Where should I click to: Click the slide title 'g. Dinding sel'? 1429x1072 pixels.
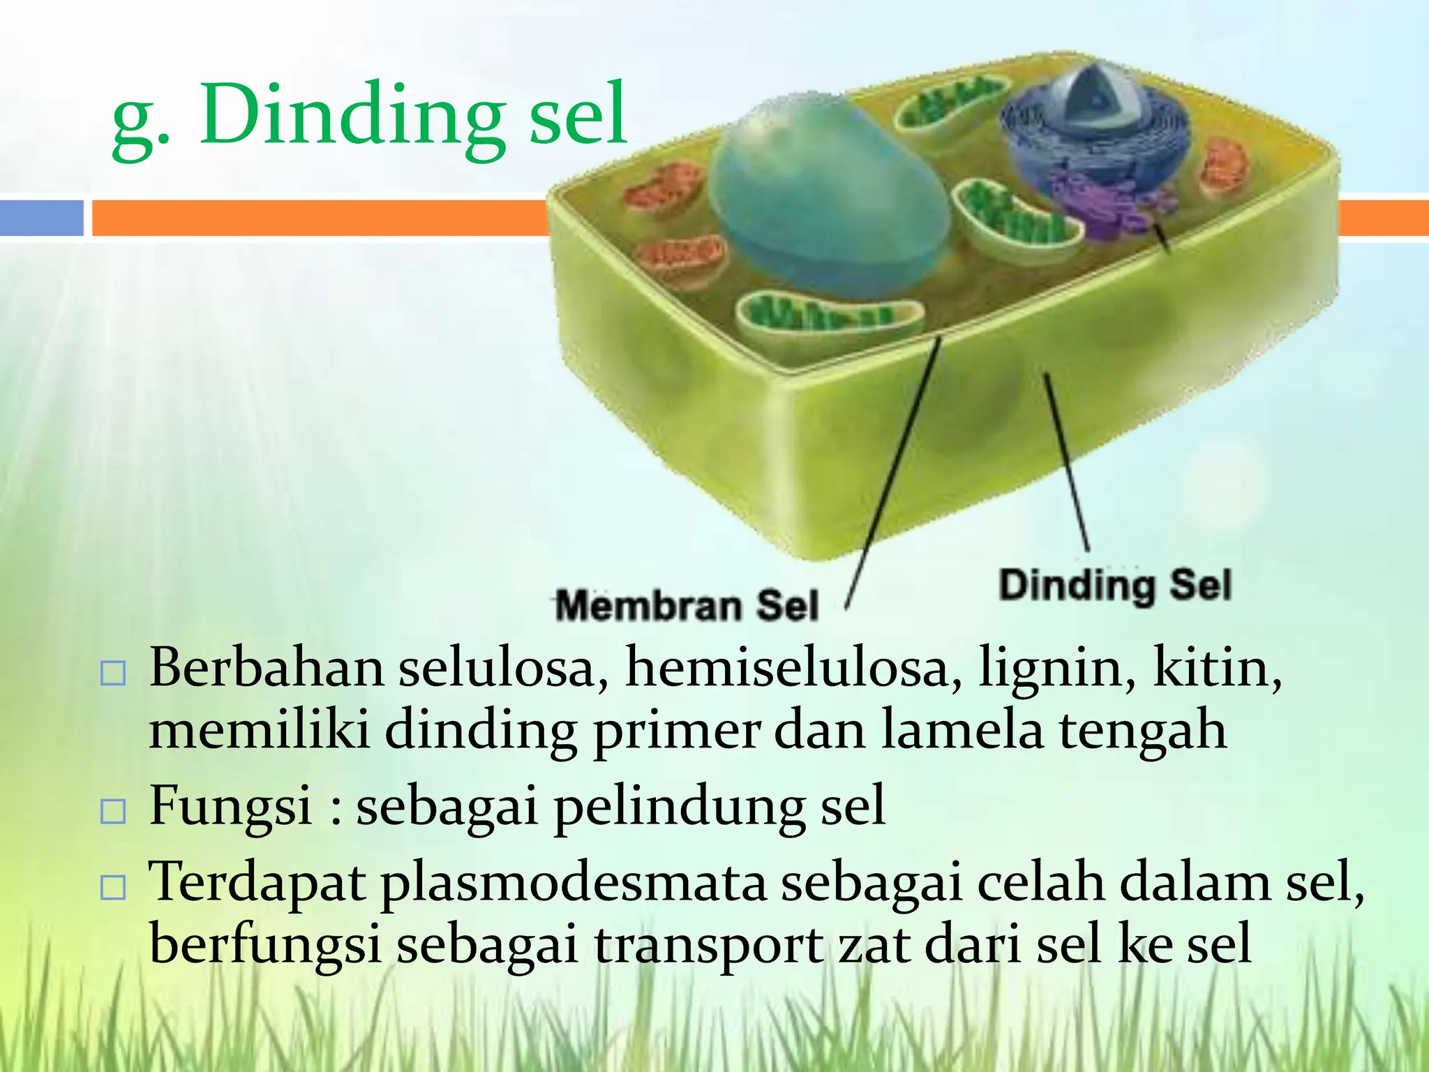pos(369,115)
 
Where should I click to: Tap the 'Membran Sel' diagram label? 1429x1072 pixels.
pos(687,604)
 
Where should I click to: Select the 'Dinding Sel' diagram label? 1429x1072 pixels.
pos(1115,585)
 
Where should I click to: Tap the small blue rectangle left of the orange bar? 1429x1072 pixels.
pos(41,218)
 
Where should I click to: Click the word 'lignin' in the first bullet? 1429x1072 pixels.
pos(1056,668)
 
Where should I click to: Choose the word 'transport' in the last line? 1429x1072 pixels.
pos(708,945)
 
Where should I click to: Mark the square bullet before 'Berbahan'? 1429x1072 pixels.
pos(113,673)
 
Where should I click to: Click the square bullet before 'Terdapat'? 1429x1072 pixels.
pos(113,888)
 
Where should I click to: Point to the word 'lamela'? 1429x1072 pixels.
pos(962,729)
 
